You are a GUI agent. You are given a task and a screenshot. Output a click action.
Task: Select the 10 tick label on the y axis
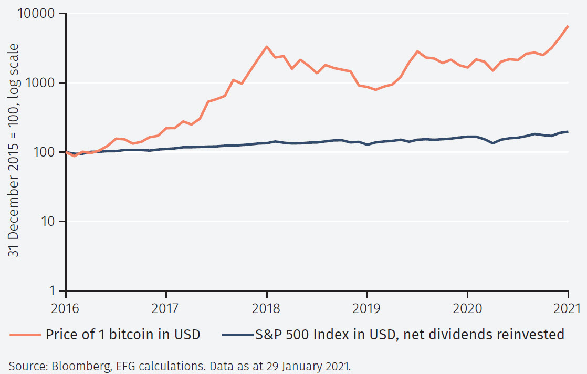pos(51,222)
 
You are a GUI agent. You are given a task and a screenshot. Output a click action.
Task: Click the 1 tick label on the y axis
pos(55,291)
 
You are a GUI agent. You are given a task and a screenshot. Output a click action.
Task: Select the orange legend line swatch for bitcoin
pos(23,335)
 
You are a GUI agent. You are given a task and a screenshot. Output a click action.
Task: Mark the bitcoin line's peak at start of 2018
pos(267,47)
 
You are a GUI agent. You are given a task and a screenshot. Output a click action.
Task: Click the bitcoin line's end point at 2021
pos(568,26)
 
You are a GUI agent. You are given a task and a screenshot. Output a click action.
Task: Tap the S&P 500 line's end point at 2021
pos(568,131)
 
